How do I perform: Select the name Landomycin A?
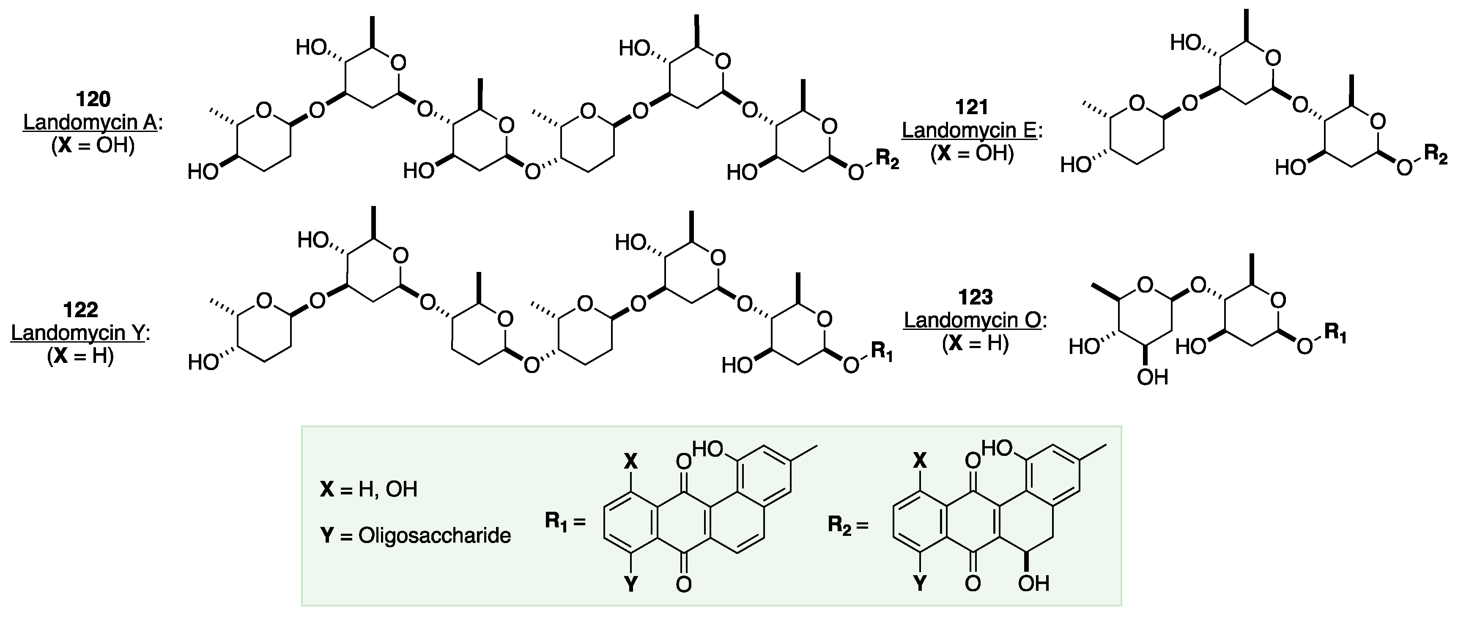90,122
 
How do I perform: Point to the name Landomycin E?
970,130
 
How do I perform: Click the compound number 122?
80,310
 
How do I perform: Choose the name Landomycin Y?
78,333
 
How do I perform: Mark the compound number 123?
975,297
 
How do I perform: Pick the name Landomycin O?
972,321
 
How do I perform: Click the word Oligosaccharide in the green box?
434,536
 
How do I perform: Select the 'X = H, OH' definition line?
368,489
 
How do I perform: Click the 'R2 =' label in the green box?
847,525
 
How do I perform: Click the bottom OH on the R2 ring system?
1033,584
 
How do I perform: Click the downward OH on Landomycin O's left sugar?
1152,377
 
